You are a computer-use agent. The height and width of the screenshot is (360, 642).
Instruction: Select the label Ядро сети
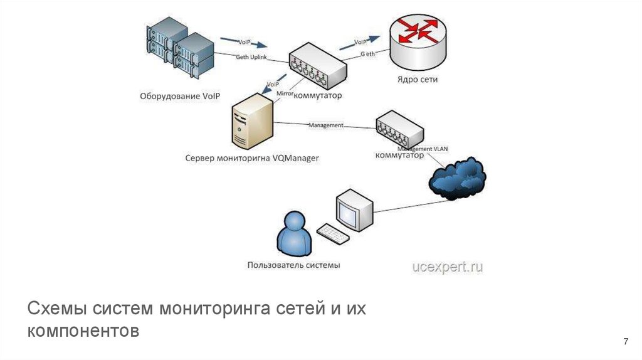click(x=417, y=80)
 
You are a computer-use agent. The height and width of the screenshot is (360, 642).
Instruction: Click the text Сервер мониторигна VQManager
click(x=251, y=158)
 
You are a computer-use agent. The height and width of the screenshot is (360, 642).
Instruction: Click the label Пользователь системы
click(x=294, y=265)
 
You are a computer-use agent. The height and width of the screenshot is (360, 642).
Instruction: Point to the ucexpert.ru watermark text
click(x=447, y=267)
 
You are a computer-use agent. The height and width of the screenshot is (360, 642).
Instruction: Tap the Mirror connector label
click(x=284, y=94)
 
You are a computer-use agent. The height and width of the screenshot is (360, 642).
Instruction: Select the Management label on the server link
click(x=325, y=125)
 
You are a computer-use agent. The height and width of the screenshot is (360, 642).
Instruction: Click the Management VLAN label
click(x=424, y=149)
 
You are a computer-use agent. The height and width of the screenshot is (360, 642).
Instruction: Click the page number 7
click(x=625, y=341)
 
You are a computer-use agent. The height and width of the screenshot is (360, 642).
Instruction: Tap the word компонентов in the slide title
click(x=82, y=331)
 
